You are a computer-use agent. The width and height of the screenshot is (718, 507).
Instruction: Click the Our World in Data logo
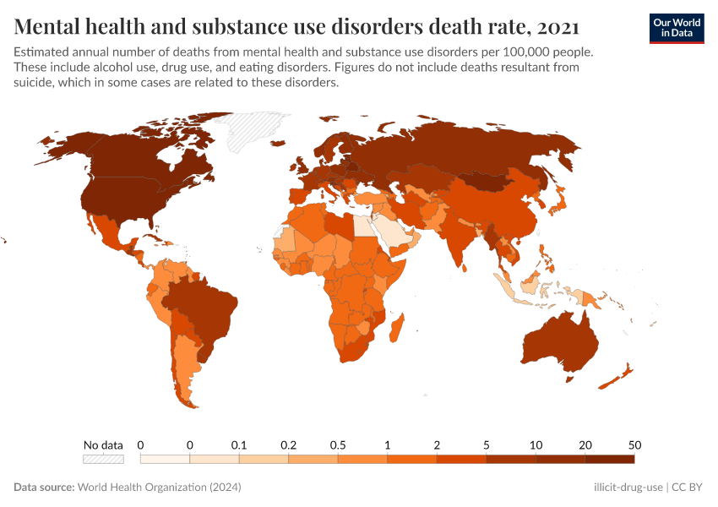pos(676,27)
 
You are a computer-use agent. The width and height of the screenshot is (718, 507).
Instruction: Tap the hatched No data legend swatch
pos(103,459)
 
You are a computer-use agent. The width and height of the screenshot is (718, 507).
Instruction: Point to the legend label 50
pos(634,444)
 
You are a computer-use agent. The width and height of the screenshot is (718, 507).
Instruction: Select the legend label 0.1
pos(239,444)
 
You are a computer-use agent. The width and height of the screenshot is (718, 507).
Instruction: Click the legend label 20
pos(585,444)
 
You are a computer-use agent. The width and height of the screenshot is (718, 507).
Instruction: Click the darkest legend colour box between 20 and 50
pos(610,459)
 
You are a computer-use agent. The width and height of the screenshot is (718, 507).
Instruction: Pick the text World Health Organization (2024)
pos(160,488)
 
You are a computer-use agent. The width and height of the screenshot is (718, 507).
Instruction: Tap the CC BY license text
pos(688,488)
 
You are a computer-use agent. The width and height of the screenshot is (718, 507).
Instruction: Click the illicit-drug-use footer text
pos(628,488)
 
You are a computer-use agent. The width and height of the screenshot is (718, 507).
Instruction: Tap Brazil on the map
pos(203,308)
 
